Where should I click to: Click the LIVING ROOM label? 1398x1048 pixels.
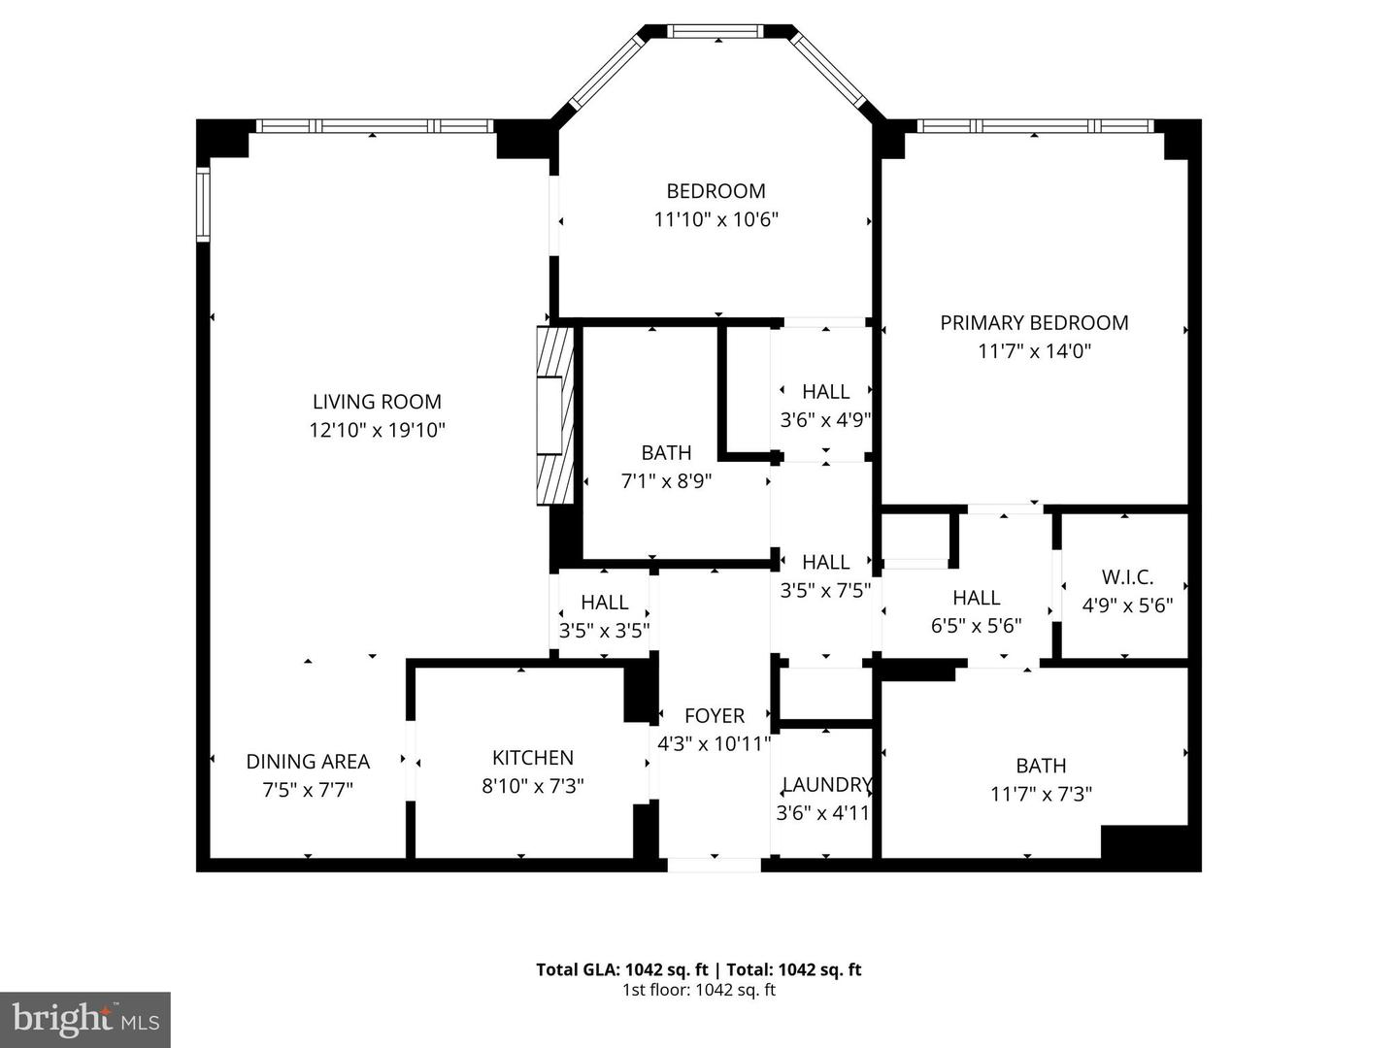point(377,402)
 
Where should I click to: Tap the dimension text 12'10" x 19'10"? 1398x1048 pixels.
point(377,430)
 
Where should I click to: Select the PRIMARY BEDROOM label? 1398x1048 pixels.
point(1034,323)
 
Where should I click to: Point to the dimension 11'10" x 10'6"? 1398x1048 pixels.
point(716,220)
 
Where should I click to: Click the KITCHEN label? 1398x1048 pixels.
point(532,758)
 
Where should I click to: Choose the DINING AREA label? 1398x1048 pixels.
point(308,762)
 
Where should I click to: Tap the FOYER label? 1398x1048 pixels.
point(715,716)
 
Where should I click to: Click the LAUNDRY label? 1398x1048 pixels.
point(826,785)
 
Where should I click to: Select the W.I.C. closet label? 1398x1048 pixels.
point(1127,577)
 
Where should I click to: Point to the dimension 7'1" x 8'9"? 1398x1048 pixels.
point(667,480)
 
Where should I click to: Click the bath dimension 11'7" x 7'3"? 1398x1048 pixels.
point(1041,794)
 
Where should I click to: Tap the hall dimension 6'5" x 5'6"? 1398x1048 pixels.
point(976,626)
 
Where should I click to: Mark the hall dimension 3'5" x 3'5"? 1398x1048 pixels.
point(604,631)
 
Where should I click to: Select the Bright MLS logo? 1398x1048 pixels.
point(85,1019)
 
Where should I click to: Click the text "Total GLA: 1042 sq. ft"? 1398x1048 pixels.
point(621,969)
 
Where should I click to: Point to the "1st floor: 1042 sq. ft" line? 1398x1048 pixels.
point(698,991)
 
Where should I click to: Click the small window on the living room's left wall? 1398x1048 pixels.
point(203,204)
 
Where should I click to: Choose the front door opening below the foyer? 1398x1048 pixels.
point(715,864)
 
